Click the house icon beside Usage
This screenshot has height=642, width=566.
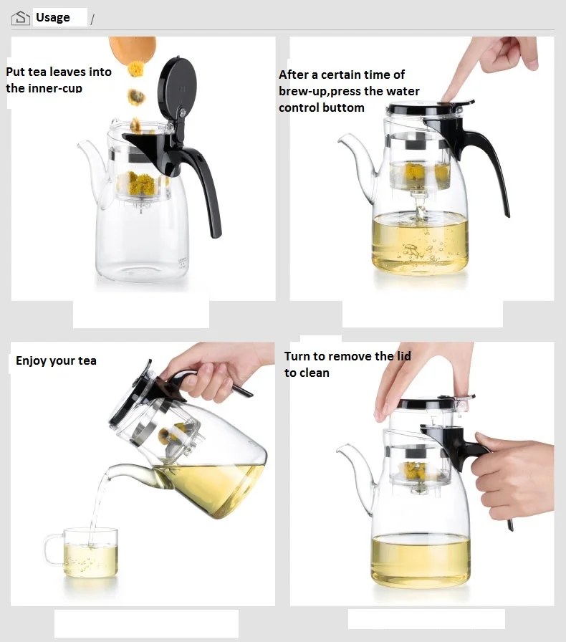21,18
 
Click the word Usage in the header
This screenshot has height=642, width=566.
53,17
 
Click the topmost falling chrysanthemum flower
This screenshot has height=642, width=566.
135,70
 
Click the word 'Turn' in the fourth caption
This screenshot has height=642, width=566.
299,356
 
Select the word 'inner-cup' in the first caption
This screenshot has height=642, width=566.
54,88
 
